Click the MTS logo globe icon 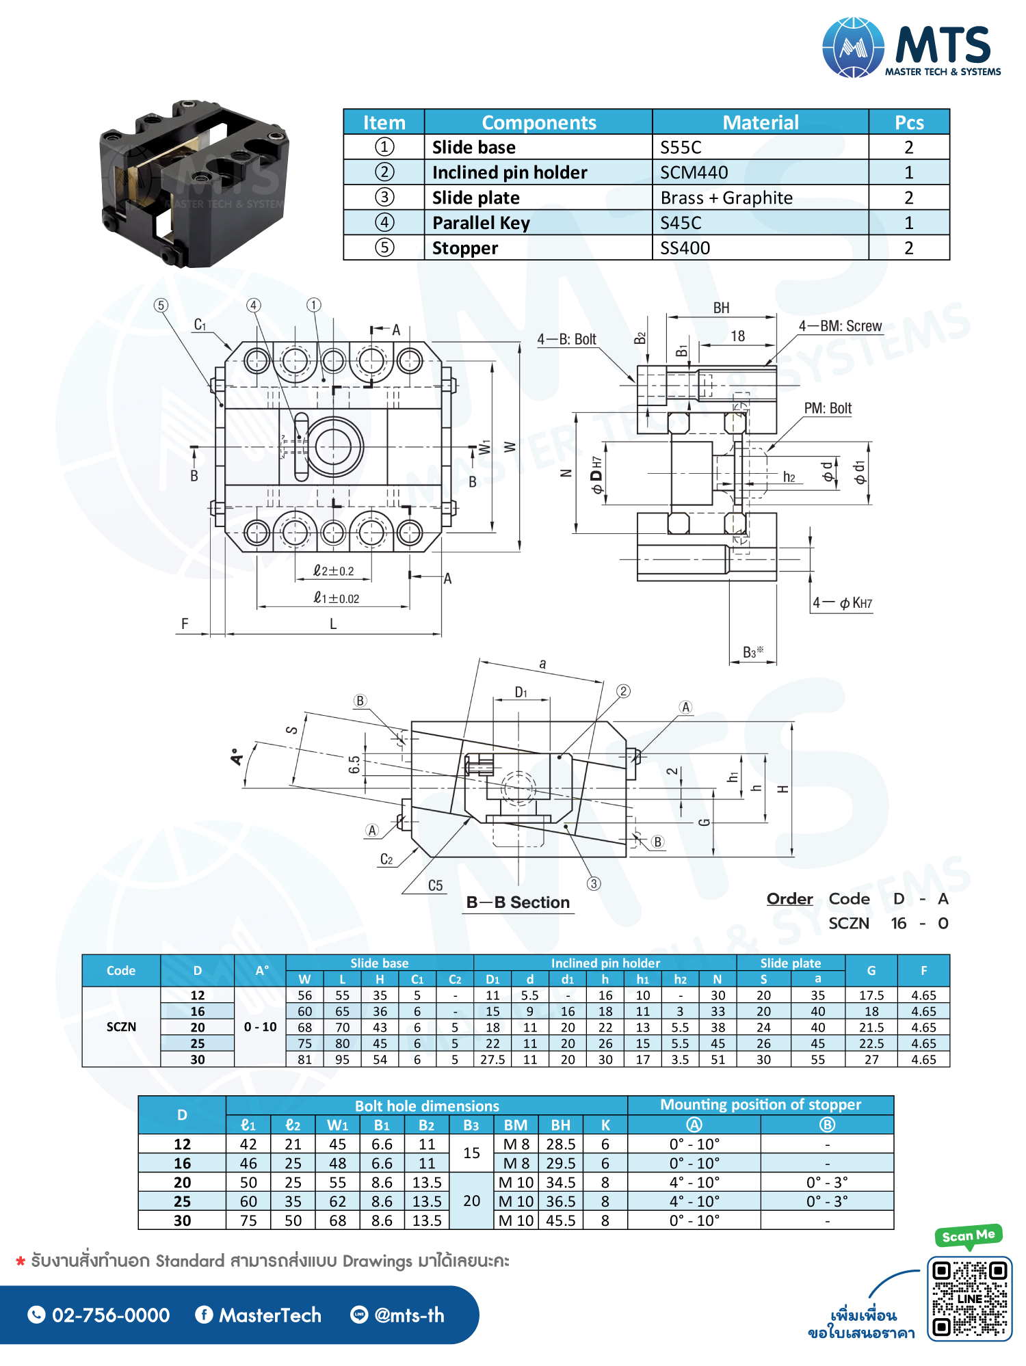[x=852, y=47]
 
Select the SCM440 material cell [x=694, y=172]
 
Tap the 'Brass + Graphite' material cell [x=726, y=198]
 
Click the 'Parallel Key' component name [x=481, y=223]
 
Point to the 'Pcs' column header [x=908, y=122]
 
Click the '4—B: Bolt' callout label [x=566, y=339]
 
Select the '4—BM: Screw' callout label [x=840, y=326]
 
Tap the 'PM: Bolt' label [x=828, y=408]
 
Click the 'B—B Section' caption [x=518, y=902]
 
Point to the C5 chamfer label [x=435, y=885]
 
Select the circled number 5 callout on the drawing [x=161, y=306]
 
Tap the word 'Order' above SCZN [x=789, y=898]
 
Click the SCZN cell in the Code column [x=121, y=1027]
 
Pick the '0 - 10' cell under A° [x=260, y=1027]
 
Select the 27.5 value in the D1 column [x=492, y=1059]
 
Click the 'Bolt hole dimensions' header [x=427, y=1106]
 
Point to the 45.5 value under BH [x=560, y=1220]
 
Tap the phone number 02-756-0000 [x=111, y=1315]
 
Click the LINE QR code [x=969, y=1298]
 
